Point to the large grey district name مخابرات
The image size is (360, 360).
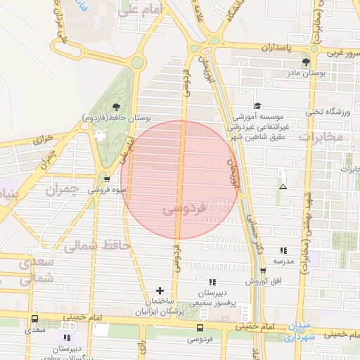point(321,136)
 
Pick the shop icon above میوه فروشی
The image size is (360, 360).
point(106,179)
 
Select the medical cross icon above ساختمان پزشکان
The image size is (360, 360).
point(160,290)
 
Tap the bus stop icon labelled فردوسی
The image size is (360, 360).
point(201,328)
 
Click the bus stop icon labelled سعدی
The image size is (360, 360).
point(35,319)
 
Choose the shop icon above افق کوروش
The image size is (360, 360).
point(263,271)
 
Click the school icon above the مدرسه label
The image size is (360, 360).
point(283,250)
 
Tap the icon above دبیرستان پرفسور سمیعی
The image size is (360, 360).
point(212,282)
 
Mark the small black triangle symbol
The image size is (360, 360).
point(283,186)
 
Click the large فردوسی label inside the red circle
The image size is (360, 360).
point(184,209)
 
